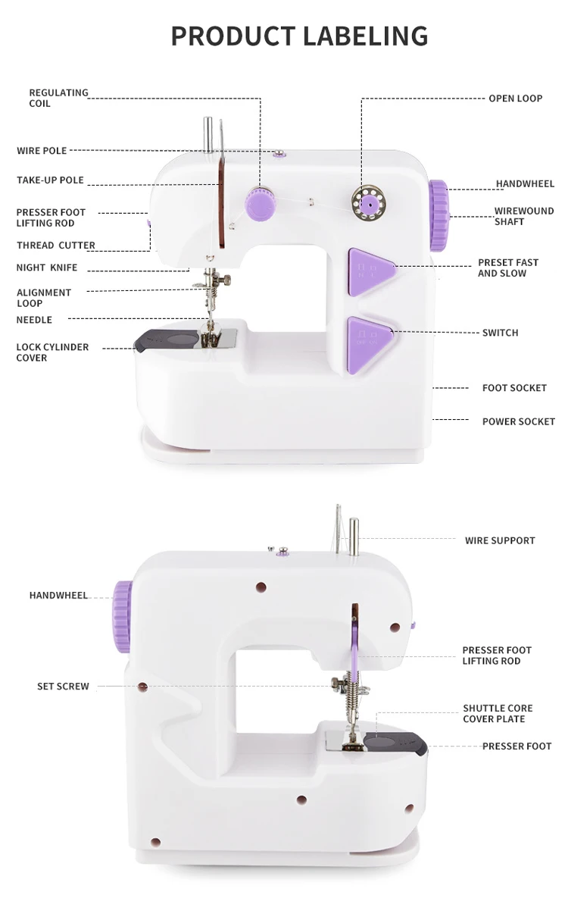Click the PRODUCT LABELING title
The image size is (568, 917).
click(x=299, y=36)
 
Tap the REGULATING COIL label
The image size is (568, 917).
click(x=58, y=98)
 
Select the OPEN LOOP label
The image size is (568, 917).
click(x=515, y=99)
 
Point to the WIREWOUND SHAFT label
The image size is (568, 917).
click(x=524, y=216)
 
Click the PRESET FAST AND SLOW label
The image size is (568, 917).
click(x=507, y=268)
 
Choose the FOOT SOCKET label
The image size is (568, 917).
click(x=514, y=388)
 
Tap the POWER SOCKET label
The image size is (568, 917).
click(x=518, y=421)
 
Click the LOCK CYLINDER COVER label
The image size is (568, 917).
click(x=52, y=352)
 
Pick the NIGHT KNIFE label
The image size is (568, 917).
click(x=47, y=268)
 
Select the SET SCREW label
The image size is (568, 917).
click(x=63, y=687)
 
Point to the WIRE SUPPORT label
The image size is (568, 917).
click(x=500, y=540)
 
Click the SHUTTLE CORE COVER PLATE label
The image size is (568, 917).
click(x=498, y=714)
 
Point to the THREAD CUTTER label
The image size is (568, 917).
click(x=56, y=246)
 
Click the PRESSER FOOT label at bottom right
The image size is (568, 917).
click(x=517, y=746)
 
